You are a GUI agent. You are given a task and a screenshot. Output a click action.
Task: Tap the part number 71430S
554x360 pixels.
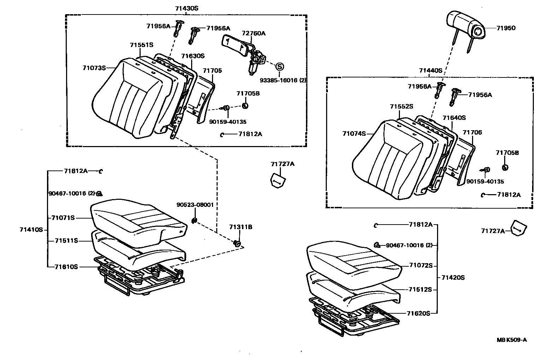(187, 8)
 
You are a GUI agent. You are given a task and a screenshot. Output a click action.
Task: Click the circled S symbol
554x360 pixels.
(279, 66)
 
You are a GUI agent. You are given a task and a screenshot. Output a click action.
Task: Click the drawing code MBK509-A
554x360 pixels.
(512, 340)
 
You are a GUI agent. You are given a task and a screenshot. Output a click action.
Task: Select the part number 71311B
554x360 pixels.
(241, 227)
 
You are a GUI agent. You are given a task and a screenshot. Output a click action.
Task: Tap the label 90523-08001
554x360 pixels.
(195, 205)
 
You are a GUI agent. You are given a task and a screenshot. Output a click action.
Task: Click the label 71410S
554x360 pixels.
(31, 230)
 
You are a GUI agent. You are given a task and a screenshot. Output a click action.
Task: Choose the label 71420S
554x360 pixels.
(453, 278)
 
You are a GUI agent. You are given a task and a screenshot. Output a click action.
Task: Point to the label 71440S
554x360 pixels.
(431, 70)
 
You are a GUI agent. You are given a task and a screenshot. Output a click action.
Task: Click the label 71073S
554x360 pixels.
(94, 68)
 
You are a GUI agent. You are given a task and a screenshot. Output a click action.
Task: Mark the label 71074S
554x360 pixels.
(354, 133)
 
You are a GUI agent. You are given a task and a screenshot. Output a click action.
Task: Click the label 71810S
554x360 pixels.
(66, 267)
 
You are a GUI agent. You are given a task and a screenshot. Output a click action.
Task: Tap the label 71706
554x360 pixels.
(472, 133)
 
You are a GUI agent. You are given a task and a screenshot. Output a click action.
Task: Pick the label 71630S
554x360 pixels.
(193, 56)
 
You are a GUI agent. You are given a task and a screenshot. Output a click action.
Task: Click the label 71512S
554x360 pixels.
(421, 289)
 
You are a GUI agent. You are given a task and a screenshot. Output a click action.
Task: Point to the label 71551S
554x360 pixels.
(141, 45)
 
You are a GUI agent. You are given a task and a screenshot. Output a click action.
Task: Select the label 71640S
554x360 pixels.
(454, 118)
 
